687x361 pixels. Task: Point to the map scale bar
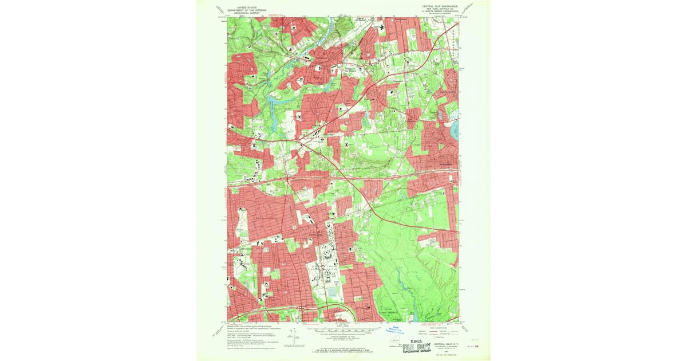tap(343, 329)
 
